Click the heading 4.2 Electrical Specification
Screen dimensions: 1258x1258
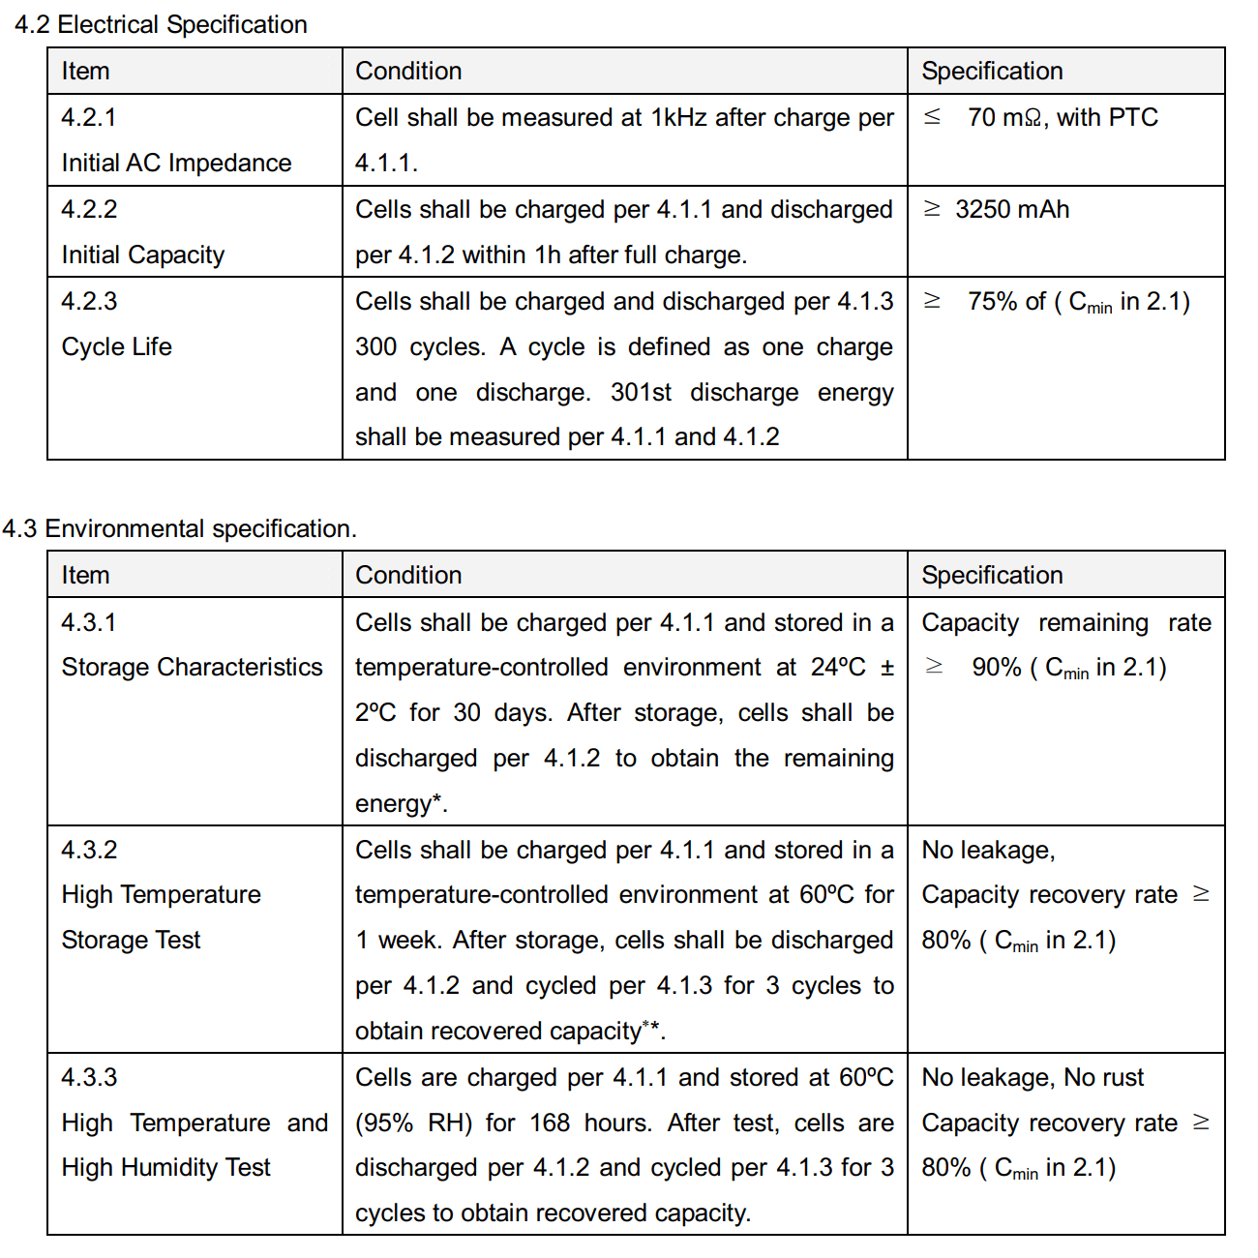coord(161,24)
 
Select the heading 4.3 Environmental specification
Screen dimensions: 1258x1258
coord(179,528)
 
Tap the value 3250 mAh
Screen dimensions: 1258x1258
coord(1011,209)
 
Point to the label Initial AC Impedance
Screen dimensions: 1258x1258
coord(176,163)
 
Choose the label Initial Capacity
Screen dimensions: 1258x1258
coord(142,255)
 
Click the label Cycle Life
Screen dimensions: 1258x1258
coord(116,346)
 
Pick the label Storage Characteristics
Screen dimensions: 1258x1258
coord(192,667)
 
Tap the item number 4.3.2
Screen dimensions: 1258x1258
coord(89,850)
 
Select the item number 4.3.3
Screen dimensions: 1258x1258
coord(89,1077)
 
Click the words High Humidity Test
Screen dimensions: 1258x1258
coord(165,1167)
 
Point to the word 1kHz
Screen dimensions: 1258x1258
coord(678,118)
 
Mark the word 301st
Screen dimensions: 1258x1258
coord(641,392)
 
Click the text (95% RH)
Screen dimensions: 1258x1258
coord(414,1123)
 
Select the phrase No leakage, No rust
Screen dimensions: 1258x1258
coord(1033,1077)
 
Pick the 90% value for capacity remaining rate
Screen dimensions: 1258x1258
coord(996,667)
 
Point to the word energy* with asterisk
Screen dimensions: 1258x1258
coord(401,803)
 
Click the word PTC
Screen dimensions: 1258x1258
coord(1133,118)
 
